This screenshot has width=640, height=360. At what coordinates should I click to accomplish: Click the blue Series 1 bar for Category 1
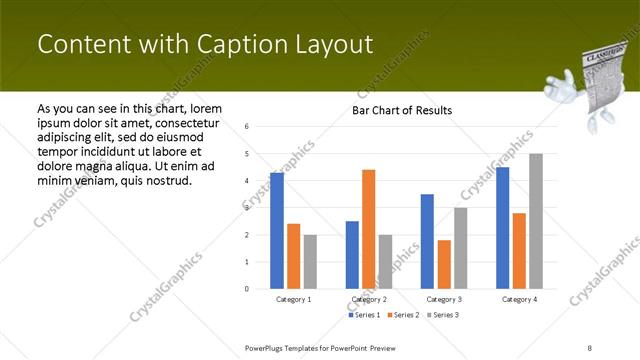pyautogui.click(x=277, y=231)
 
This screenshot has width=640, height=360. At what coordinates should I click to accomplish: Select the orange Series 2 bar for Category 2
pyautogui.click(x=368, y=229)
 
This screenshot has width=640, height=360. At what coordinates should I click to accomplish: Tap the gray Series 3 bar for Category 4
pyautogui.click(x=536, y=221)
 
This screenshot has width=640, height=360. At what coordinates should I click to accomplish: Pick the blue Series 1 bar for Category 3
pyautogui.click(x=427, y=241)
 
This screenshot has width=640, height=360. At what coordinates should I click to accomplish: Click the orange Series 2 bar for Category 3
pyautogui.click(x=443, y=264)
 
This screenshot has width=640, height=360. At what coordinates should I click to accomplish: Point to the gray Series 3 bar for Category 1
pyautogui.click(x=310, y=261)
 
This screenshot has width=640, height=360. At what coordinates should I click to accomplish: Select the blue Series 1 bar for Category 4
pyautogui.click(x=502, y=228)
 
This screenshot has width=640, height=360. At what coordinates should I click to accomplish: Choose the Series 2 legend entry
pyautogui.click(x=402, y=315)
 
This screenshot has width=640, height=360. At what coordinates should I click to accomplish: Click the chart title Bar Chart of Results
pyautogui.click(x=401, y=110)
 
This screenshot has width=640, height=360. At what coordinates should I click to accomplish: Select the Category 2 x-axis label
pyautogui.click(x=369, y=299)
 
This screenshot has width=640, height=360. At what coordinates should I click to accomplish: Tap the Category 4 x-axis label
pyautogui.click(x=519, y=299)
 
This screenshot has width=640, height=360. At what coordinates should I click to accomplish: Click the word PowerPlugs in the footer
pyautogui.click(x=267, y=347)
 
